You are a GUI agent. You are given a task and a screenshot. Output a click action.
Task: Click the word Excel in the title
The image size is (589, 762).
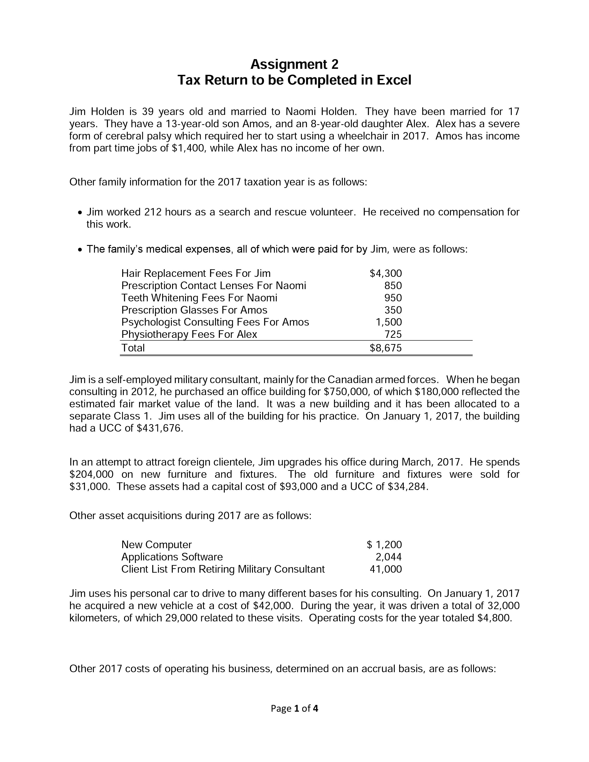pyautogui.click(x=394, y=80)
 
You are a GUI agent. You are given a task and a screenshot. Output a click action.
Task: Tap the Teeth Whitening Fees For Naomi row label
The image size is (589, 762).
pyautogui.click(x=199, y=298)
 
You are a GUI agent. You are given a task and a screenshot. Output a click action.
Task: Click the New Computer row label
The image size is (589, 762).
pyautogui.click(x=156, y=545)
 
